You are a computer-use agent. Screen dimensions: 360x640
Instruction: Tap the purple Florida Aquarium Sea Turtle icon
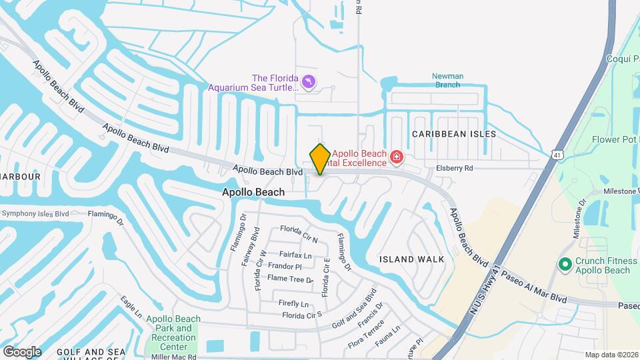[309, 82]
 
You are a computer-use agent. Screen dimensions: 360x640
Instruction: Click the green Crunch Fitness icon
[565, 265]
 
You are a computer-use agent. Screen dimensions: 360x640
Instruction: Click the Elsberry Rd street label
[455, 169]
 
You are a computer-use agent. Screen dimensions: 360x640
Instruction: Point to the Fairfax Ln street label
[295, 255]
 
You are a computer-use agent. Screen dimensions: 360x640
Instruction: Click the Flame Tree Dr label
[290, 279]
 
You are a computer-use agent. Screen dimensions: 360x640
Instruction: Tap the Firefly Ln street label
[293, 303]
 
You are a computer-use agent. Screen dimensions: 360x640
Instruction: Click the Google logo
[22, 351]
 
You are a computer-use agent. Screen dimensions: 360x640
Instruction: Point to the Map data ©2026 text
[611, 355]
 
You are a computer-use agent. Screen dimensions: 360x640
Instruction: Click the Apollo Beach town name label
[253, 192]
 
